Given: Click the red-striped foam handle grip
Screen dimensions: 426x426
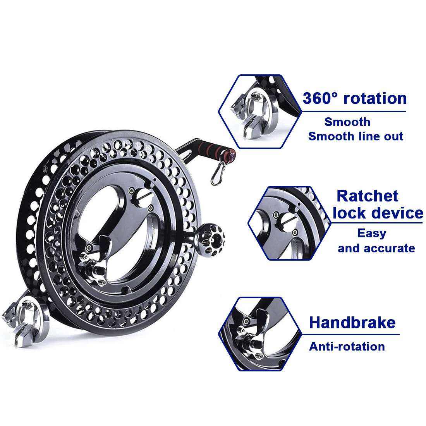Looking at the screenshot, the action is [x=217, y=149].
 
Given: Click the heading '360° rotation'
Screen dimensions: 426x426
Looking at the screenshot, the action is [x=354, y=98].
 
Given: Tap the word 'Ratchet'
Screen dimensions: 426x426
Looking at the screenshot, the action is [x=367, y=196].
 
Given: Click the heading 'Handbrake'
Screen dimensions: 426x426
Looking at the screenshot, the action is [x=352, y=323].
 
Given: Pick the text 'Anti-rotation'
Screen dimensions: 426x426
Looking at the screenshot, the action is [x=347, y=347].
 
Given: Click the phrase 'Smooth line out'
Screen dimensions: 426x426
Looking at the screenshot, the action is [x=356, y=136].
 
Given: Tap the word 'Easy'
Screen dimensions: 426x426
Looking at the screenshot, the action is [x=372, y=234].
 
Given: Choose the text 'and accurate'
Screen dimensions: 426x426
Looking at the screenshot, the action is [x=376, y=248].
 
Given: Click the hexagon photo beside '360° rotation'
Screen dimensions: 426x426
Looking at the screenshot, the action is [x=260, y=112].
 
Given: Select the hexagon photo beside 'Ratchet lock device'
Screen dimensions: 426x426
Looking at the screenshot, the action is [x=289, y=223].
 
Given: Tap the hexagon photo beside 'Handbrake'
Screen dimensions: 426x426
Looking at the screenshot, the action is [x=260, y=334].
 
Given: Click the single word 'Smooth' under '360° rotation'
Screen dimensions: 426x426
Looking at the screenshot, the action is [x=347, y=122].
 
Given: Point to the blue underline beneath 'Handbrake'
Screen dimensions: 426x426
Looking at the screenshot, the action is [x=350, y=334].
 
